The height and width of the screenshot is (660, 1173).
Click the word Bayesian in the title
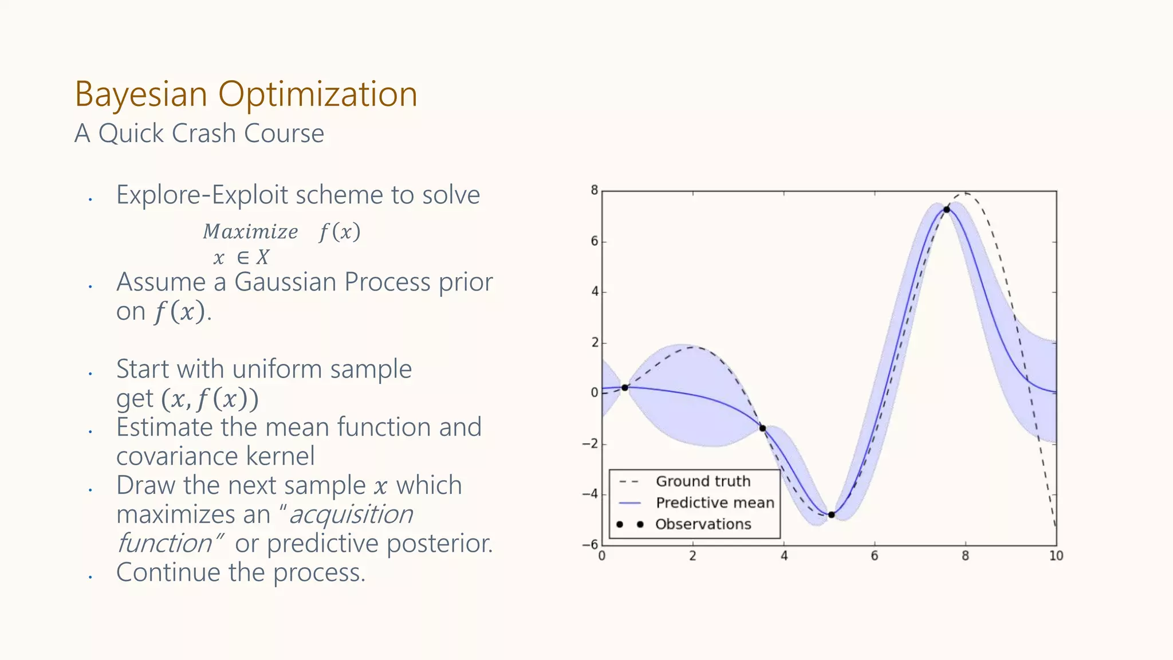pyautogui.click(x=140, y=95)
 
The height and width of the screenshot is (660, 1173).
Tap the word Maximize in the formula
pyautogui.click(x=250, y=232)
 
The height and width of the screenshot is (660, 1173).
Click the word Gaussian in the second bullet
pyautogui.click(x=285, y=282)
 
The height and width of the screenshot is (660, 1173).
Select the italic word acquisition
pyautogui.click(x=351, y=514)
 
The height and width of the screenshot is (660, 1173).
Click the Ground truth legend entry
pyautogui.click(x=703, y=481)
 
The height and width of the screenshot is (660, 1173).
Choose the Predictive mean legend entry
pyautogui.click(x=714, y=502)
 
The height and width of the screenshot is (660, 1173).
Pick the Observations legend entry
pyautogui.click(x=703, y=524)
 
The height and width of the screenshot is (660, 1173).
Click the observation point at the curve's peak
pyautogui.click(x=947, y=210)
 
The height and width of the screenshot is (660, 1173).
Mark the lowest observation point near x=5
pyautogui.click(x=832, y=515)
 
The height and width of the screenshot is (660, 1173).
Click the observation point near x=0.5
pyautogui.click(x=625, y=388)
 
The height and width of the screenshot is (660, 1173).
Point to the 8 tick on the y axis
pyautogui.click(x=595, y=190)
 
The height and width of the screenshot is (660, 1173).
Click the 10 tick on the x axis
pyautogui.click(x=1056, y=556)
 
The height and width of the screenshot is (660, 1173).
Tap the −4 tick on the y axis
pyautogui.click(x=590, y=494)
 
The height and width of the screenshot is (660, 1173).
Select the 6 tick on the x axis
pyautogui.click(x=875, y=556)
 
